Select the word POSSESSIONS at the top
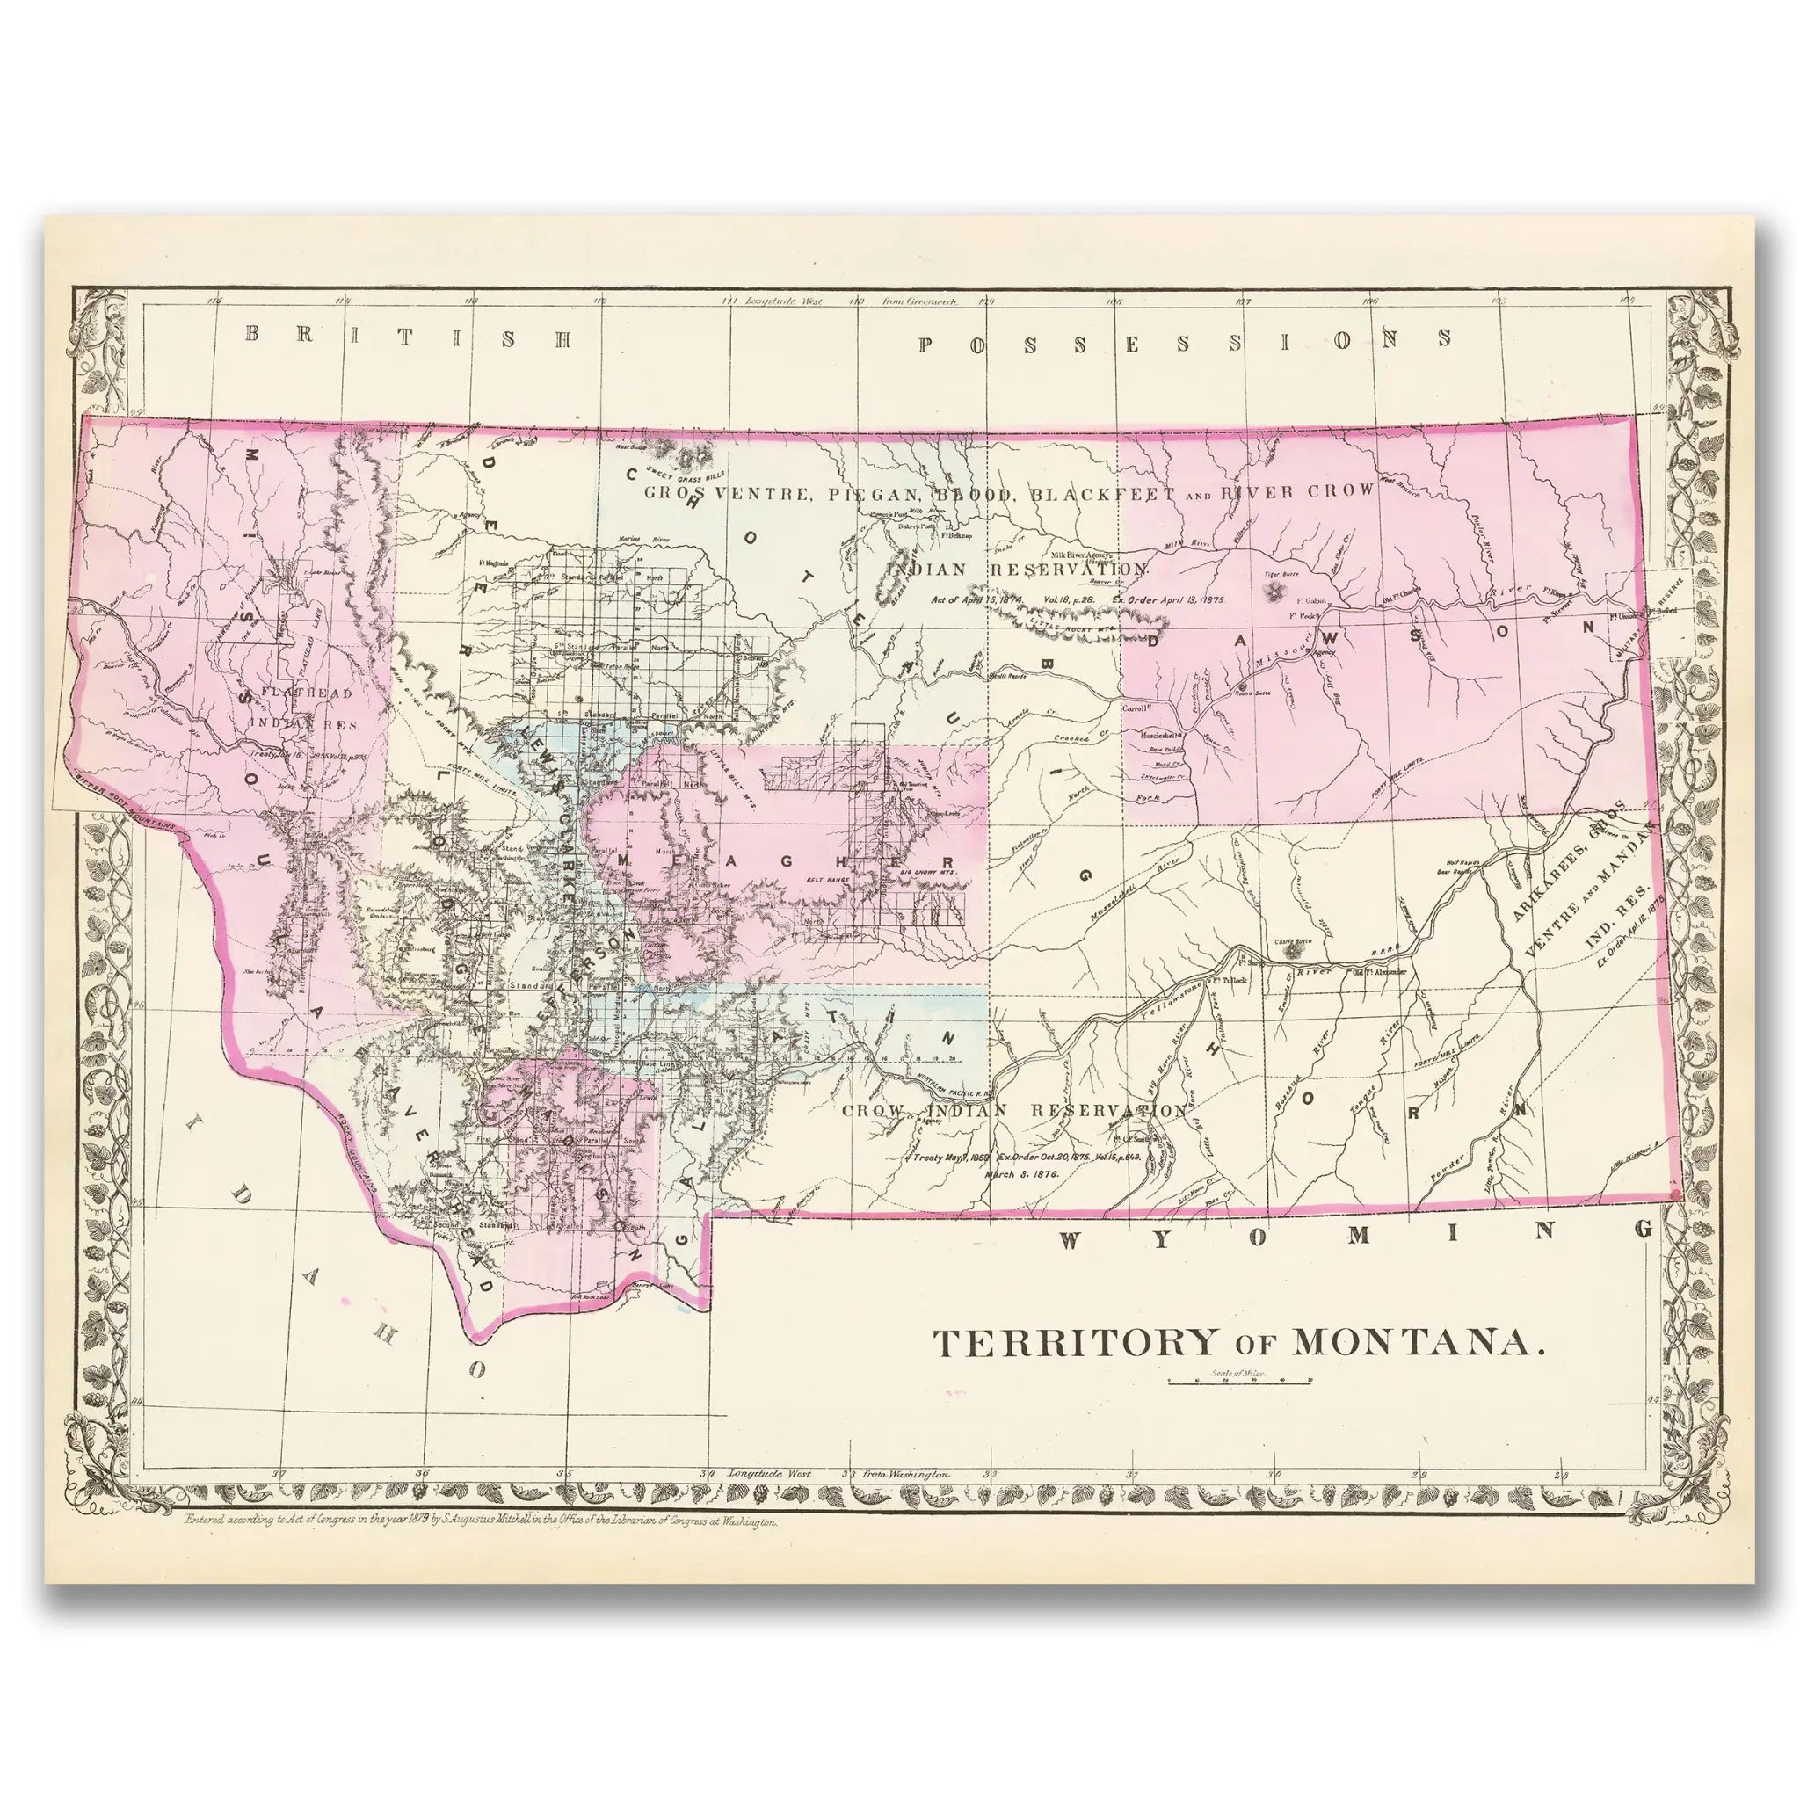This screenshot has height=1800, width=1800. [1185, 340]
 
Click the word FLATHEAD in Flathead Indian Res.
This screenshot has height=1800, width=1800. [294, 693]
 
